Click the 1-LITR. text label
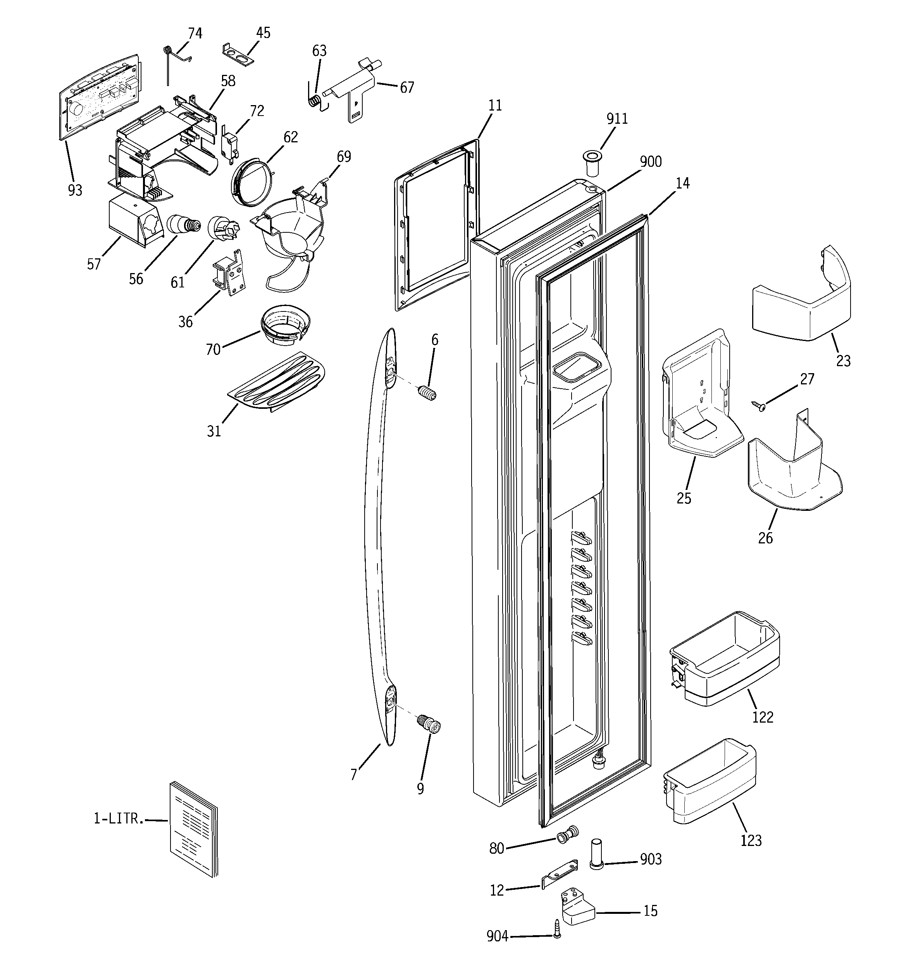[x=119, y=818]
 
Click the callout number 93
[x=75, y=191]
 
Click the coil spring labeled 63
[x=315, y=101]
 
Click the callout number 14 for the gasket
[x=682, y=183]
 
